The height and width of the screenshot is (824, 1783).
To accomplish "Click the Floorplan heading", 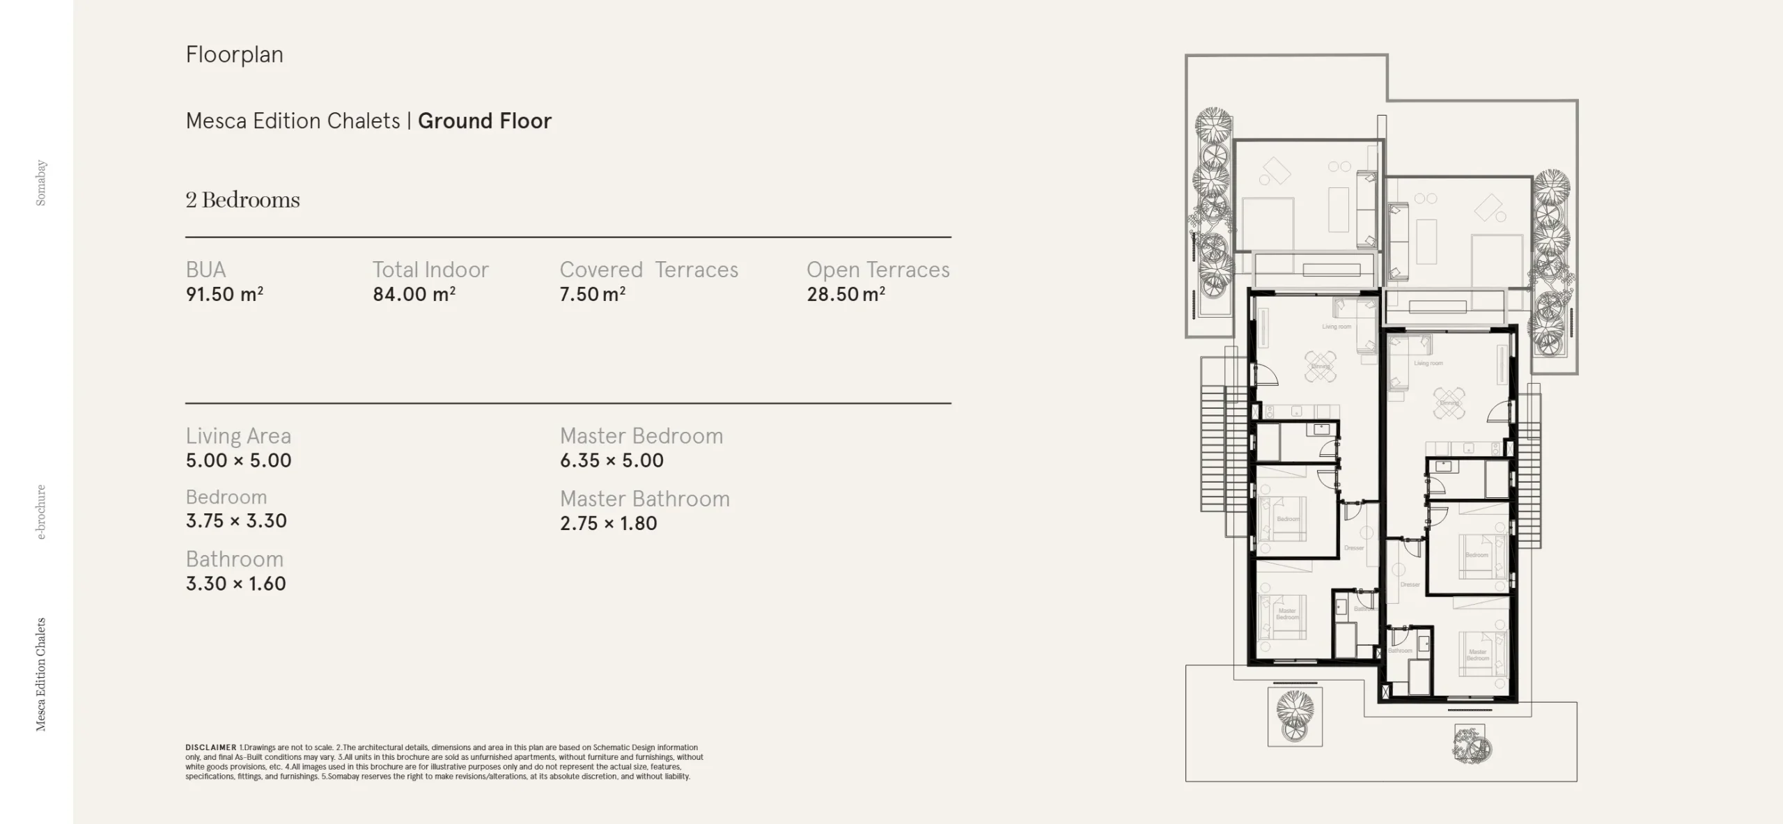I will click(234, 54).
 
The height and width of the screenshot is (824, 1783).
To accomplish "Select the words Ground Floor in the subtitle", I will click(484, 121).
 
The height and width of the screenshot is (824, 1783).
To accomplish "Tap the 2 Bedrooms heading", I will click(242, 200).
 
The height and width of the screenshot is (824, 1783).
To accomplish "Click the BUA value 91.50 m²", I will click(224, 294).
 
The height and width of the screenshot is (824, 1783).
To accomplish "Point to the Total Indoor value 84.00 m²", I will click(414, 294).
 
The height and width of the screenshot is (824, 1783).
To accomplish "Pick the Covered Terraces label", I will click(648, 270).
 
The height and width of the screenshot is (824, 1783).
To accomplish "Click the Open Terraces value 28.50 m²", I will click(846, 294).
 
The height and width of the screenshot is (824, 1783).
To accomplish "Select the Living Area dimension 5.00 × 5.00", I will click(238, 460).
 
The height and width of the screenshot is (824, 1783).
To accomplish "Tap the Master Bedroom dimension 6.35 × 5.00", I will click(612, 460).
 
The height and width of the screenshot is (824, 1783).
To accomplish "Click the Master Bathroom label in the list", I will click(644, 499).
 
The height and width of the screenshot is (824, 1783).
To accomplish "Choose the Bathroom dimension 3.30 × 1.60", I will click(235, 584).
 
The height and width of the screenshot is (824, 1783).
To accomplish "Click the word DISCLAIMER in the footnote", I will click(210, 747).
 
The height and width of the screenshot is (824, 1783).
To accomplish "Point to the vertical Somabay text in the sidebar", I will click(41, 182).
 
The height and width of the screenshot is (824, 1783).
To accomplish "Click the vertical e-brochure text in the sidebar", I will click(41, 512).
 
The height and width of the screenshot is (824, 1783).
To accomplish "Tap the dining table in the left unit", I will click(1321, 366).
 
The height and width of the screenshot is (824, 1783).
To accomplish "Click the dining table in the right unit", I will click(1449, 403).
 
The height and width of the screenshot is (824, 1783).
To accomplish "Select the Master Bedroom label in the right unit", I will click(1477, 655).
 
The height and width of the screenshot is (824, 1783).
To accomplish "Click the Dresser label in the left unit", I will click(1353, 548).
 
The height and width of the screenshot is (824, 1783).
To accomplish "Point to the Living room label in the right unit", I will click(1428, 363).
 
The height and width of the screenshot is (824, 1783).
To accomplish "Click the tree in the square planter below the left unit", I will click(1295, 714).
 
